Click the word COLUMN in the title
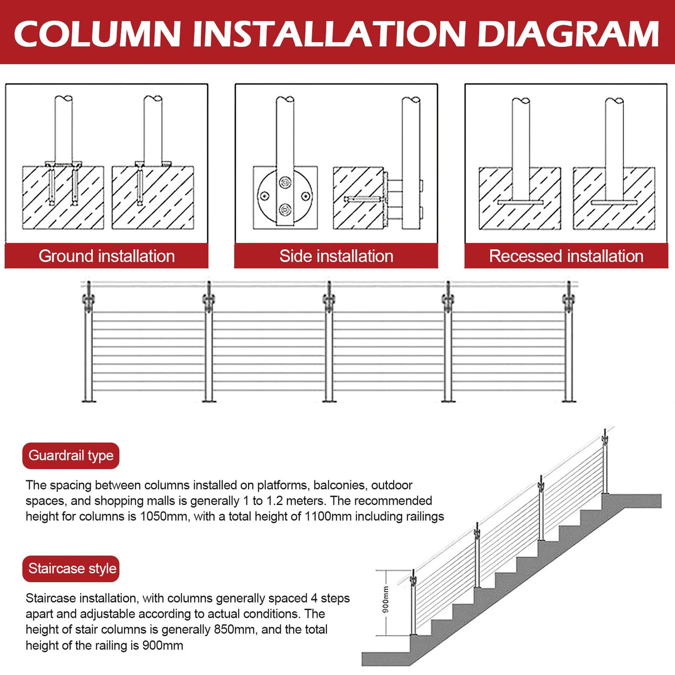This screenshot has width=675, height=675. coord(98,33)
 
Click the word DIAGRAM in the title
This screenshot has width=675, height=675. coord(568,33)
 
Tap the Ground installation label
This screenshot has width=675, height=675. coord(107,256)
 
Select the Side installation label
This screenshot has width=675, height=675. coord(336,256)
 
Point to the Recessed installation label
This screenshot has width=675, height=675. coord(566,256)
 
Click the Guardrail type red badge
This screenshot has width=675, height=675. coord(71,455)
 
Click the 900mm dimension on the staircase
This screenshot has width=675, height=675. coord(385,600)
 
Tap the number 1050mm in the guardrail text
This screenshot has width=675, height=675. coord(163,517)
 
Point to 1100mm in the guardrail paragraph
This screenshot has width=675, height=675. coord(327,517)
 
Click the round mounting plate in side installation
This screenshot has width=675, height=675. coord(285,195)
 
